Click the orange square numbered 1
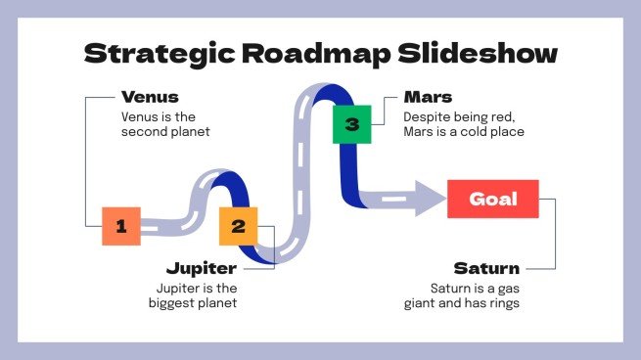click(x=121, y=226)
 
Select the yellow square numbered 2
click(x=238, y=226)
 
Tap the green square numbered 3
click(x=352, y=124)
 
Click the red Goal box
click(x=492, y=199)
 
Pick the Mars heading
click(x=427, y=97)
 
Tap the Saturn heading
click(x=486, y=267)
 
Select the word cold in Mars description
click(x=487, y=132)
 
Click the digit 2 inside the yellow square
click(x=238, y=226)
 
